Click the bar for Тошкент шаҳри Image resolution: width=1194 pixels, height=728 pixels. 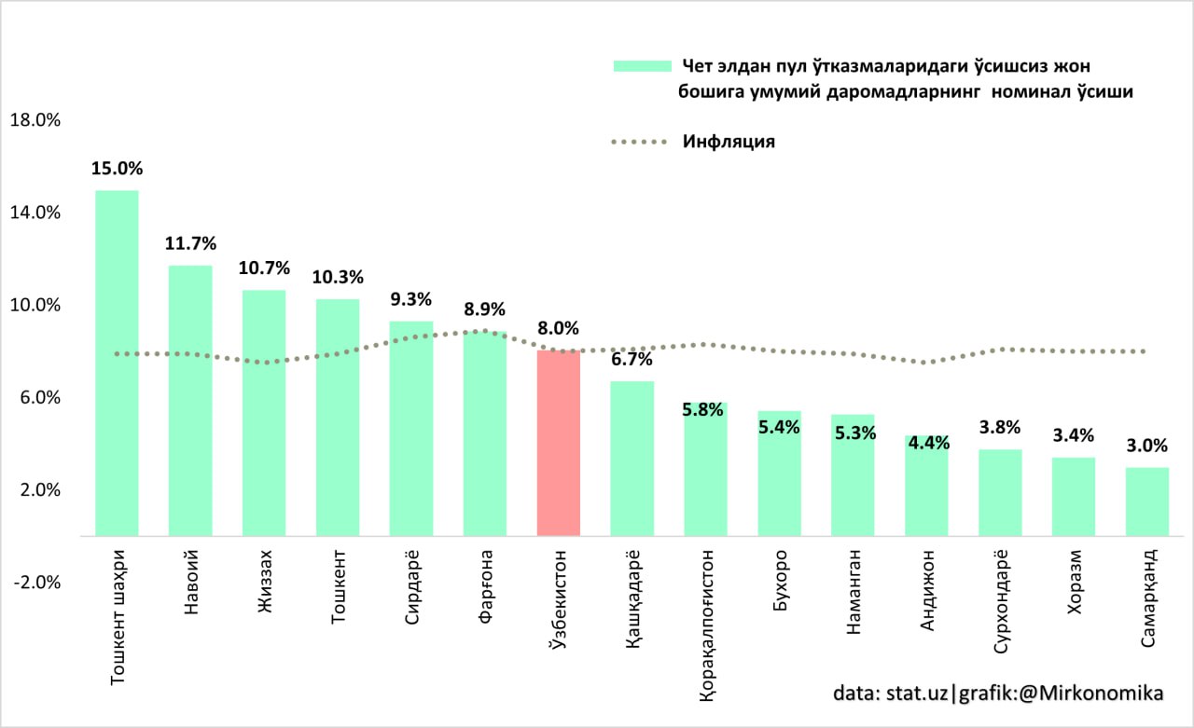coord(117,364)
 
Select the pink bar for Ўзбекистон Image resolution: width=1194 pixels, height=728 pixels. coord(559,443)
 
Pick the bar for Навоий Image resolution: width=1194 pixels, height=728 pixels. coord(190,401)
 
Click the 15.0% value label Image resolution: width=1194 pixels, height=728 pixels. coord(117,169)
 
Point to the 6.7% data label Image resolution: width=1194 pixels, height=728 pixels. coord(632,360)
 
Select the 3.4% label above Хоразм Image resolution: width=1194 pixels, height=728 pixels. coord(1074,435)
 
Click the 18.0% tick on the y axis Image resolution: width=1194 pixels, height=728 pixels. coord(34,120)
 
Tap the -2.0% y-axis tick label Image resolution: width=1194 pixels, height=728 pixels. coord(34,583)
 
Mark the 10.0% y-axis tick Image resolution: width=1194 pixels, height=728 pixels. coord(34,306)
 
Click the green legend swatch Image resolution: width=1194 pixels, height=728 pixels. coord(642,66)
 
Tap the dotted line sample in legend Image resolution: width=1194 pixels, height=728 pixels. coord(640,143)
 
